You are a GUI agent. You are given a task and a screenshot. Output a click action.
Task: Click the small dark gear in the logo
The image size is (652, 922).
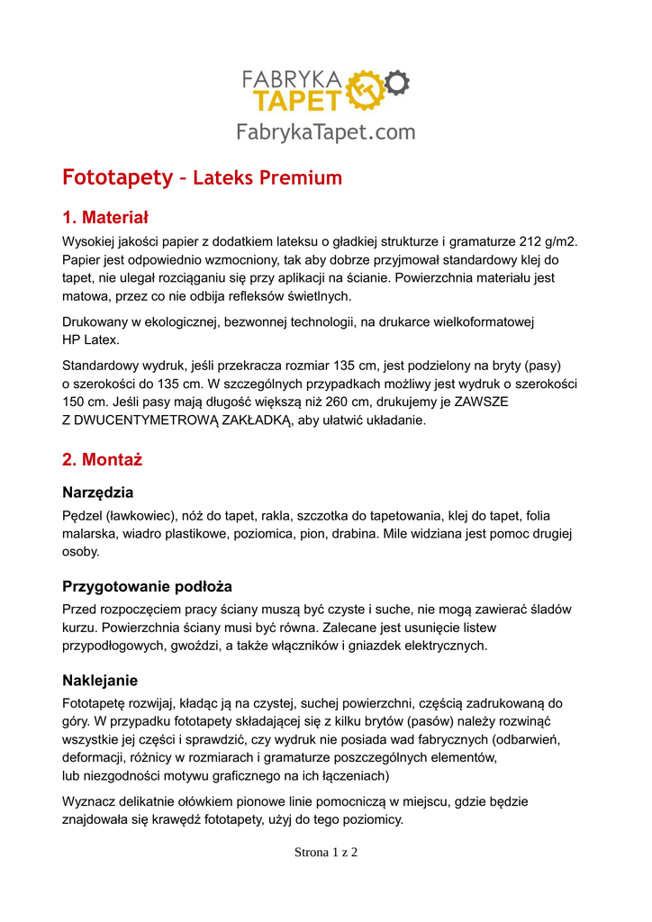[x=397, y=84]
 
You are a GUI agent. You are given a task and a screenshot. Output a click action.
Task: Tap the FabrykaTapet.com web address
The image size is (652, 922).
[x=326, y=132]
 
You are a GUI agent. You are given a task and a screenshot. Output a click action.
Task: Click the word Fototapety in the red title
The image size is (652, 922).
[x=117, y=177]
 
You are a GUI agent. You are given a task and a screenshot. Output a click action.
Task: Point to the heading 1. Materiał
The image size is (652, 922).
[x=105, y=218]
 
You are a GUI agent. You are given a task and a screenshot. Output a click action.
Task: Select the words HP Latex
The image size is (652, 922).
[x=90, y=339]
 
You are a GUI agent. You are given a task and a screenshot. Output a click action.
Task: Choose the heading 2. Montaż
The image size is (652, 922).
[x=102, y=460]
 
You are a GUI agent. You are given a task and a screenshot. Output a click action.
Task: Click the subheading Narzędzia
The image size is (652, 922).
[x=97, y=493]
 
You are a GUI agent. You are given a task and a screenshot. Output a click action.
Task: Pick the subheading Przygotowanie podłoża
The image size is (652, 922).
[x=147, y=586]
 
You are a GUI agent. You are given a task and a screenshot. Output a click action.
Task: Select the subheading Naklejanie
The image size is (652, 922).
[x=99, y=680]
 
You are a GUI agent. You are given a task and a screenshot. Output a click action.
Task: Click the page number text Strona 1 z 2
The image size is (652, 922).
[x=326, y=852]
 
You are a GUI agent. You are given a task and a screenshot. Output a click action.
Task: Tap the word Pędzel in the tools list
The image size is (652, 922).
[x=82, y=516]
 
